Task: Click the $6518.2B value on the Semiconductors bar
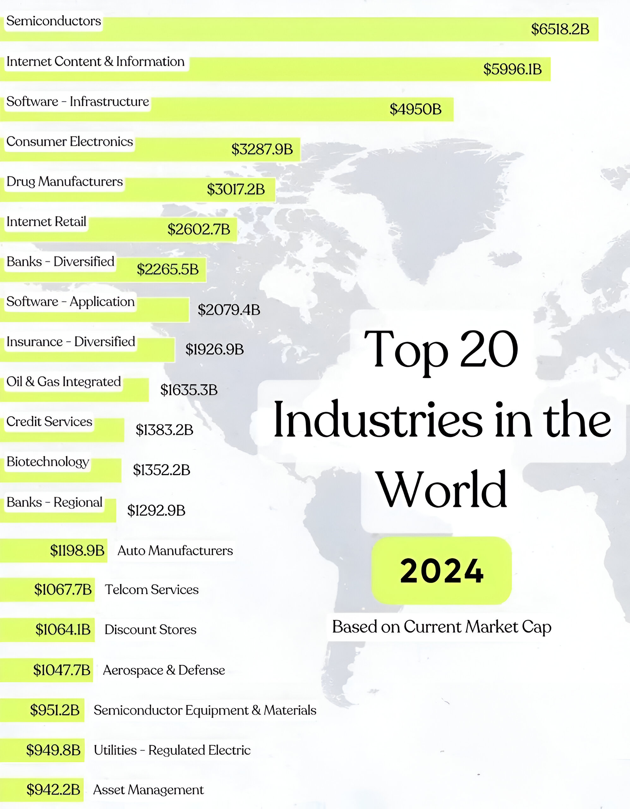coord(560,29)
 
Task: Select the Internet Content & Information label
coord(95,62)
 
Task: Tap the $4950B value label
coord(415,109)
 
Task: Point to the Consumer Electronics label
coord(70,142)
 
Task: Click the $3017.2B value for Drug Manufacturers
coord(236,189)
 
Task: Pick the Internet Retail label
coord(46,222)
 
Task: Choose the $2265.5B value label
coord(167,269)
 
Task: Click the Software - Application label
coord(70,301)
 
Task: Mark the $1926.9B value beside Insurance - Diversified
coord(215,349)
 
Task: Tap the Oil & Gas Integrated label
coord(64,381)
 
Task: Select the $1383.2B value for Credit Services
coord(164,430)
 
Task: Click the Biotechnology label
coord(48,462)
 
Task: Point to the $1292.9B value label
coord(156,510)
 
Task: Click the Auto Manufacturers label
coord(175,551)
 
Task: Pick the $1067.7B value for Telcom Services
coord(63,590)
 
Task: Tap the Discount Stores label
coord(150,630)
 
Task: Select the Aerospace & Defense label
coord(164,670)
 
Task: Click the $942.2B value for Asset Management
coord(53,790)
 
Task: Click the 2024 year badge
coord(441,571)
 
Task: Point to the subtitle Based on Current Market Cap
coord(441,627)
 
